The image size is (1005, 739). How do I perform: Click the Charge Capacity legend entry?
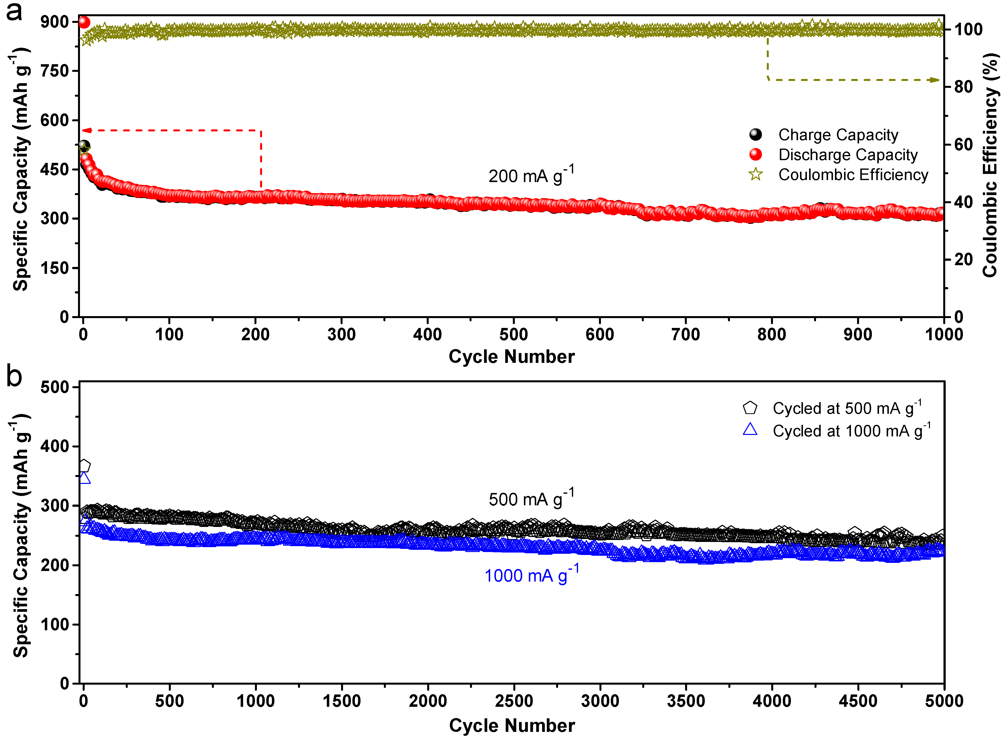pos(838,135)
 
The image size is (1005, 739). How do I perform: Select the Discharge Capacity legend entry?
pos(848,155)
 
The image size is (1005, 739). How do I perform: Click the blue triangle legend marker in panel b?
pos(750,430)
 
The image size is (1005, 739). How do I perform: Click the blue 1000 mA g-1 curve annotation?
pos(531,575)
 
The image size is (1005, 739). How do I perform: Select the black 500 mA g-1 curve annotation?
pos(531,498)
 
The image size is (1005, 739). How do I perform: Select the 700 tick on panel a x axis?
pos(686,335)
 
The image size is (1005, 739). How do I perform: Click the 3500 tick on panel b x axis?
pos(686,701)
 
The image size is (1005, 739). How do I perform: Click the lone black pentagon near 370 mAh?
pos(84,466)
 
